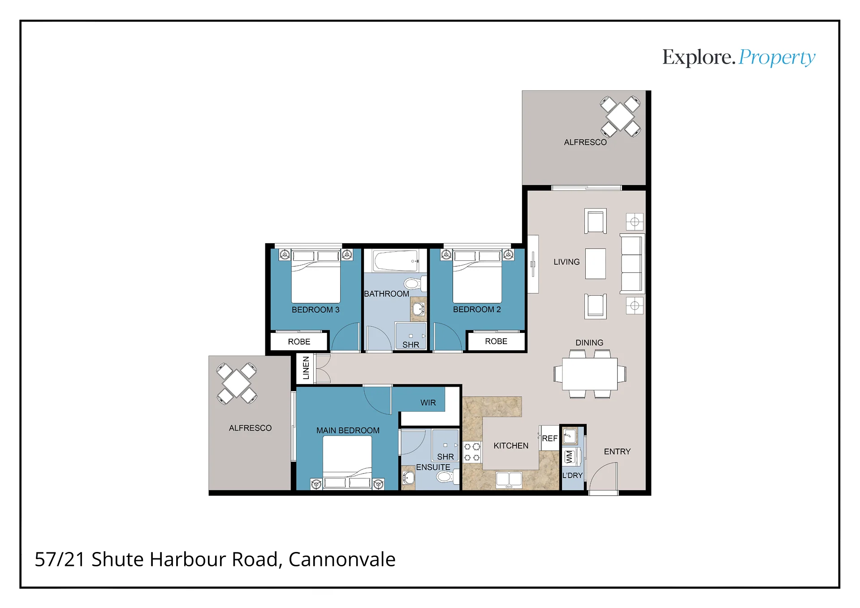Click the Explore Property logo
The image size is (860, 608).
(739, 58)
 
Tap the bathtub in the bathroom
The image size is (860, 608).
(396, 261)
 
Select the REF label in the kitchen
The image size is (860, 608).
(549, 439)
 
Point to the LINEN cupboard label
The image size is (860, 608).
(306, 368)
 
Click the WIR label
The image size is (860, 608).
(428, 403)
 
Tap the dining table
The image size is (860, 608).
(590, 374)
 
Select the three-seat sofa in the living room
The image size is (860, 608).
(632, 263)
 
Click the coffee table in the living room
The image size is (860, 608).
(595, 264)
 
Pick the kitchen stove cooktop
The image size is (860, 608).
(472, 452)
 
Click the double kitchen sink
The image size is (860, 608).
(509, 480)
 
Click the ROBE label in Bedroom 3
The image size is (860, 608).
(299, 342)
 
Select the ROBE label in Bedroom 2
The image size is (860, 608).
(496, 341)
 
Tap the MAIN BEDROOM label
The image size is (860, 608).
(348, 431)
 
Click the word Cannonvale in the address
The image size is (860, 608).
(342, 560)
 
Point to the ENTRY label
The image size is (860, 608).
(617, 452)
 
